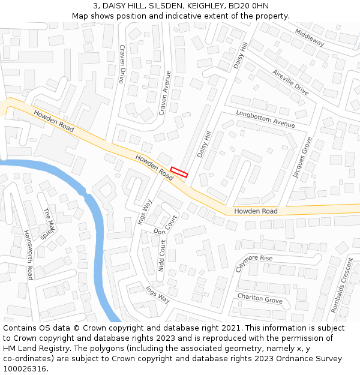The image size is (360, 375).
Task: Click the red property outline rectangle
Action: [x=179, y=172]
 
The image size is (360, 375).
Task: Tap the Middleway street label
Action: [x=309, y=38]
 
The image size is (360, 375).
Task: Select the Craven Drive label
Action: [x=122, y=64]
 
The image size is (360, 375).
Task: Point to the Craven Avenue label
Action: [x=165, y=93]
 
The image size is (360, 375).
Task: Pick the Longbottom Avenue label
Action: [x=265, y=118]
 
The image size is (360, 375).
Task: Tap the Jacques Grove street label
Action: [x=302, y=158]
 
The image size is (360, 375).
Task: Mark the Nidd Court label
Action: [x=161, y=256]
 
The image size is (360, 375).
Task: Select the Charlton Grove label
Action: [x=259, y=298]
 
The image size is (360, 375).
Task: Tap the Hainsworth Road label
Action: [x=28, y=255]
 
